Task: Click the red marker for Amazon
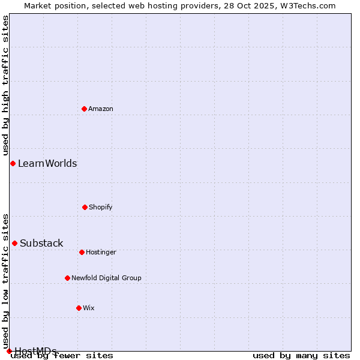84,109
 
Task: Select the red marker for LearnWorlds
13,163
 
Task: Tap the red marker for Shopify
85,207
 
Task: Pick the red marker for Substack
14,243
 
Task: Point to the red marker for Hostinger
82,252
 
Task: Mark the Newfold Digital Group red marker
67,278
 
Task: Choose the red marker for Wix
79,308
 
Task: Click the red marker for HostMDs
9,351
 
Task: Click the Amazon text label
101,109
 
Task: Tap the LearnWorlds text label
47,163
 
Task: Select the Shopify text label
101,207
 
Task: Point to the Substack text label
41,243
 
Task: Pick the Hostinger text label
101,252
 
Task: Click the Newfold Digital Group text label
106,278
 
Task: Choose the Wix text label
89,308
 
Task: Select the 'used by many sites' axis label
301,355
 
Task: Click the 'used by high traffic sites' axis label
5,86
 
